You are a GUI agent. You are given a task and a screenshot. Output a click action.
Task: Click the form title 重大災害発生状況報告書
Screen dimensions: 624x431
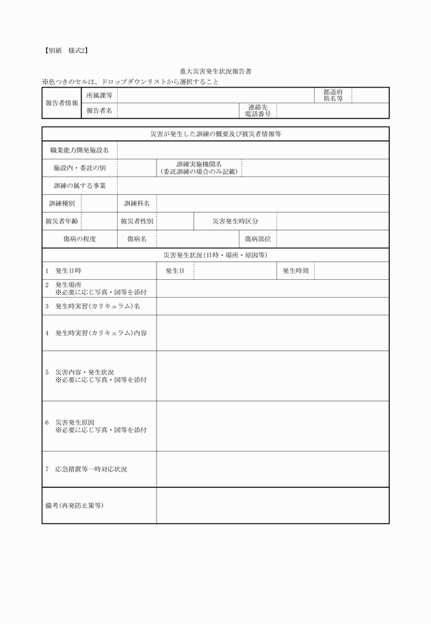(x=215, y=71)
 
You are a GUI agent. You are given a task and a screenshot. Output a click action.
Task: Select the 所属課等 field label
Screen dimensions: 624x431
(x=99, y=95)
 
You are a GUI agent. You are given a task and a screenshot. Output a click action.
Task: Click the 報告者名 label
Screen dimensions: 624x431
(x=99, y=111)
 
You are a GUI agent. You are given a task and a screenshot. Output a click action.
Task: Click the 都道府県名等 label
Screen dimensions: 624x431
(x=333, y=95)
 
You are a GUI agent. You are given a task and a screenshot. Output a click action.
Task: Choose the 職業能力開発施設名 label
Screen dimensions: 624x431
(x=79, y=150)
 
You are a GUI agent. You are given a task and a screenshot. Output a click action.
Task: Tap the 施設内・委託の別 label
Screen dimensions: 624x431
(x=79, y=168)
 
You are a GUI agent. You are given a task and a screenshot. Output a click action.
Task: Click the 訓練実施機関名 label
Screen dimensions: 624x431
(x=198, y=168)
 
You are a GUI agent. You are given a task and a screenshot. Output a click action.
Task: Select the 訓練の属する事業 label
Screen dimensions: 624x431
(x=79, y=185)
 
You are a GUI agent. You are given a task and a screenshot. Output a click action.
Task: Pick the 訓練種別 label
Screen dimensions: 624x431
(x=62, y=203)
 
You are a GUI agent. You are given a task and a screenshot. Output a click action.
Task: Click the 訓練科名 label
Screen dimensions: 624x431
(x=137, y=203)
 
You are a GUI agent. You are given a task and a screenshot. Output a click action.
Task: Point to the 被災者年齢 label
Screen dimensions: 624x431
(x=62, y=221)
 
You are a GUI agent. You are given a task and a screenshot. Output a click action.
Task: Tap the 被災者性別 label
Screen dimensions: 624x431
(x=137, y=221)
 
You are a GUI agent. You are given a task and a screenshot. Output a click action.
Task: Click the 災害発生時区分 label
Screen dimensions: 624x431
(x=235, y=221)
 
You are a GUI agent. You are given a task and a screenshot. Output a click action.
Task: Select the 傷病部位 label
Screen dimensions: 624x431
(x=258, y=239)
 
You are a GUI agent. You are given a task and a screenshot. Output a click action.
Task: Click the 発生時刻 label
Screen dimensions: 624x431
(x=296, y=271)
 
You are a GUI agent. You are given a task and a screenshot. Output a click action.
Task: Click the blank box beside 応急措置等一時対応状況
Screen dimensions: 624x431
(x=272, y=469)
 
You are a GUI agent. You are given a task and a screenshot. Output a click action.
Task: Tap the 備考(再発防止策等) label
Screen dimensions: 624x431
(x=74, y=506)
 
